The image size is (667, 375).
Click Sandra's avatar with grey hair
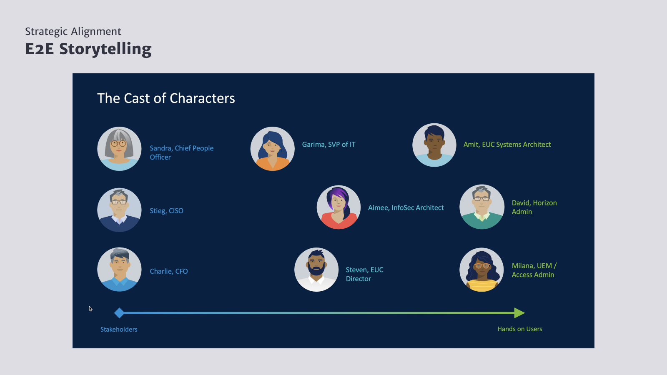point(119,149)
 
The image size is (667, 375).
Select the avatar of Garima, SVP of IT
point(273,149)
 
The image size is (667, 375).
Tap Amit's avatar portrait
point(434,145)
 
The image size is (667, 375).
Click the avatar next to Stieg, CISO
point(119,210)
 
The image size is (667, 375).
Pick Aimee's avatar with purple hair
point(339,207)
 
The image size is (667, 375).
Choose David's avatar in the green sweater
point(482,207)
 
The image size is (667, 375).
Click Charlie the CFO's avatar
point(119,269)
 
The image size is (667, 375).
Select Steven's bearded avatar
point(316,269)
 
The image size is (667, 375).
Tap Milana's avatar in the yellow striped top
point(481,269)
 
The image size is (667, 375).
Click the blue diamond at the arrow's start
point(119,313)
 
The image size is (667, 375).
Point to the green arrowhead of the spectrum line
point(519,313)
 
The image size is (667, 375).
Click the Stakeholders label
point(119,330)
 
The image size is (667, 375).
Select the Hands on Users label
point(519,329)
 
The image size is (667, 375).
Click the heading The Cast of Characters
point(166,98)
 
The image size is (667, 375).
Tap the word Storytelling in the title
point(105,49)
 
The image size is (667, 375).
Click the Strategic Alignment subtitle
point(73,32)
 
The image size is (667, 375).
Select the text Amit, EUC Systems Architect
point(507,145)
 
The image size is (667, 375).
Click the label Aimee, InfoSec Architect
point(406,208)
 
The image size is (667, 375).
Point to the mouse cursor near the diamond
point(90,308)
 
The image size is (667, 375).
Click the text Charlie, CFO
point(168,271)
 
